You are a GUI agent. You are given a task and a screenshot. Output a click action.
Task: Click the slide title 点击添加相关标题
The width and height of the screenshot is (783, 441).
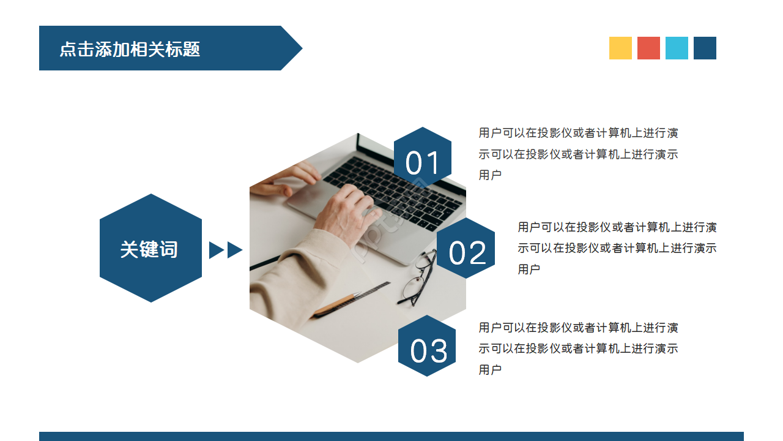pyautogui.click(x=130, y=49)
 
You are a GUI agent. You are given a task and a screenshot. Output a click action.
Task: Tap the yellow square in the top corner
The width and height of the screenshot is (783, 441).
pyautogui.click(x=620, y=48)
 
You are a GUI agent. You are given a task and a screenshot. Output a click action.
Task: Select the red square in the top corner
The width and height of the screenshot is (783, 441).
pyautogui.click(x=648, y=48)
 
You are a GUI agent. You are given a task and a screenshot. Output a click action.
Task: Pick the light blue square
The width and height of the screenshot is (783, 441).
pyautogui.click(x=677, y=48)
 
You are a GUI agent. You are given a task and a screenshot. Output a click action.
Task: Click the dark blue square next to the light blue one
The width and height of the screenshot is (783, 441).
pyautogui.click(x=705, y=48)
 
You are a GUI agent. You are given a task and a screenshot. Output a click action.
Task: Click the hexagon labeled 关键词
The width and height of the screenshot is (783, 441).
pyautogui.click(x=150, y=248)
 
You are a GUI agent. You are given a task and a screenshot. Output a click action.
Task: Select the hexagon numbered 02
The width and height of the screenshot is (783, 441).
pyautogui.click(x=466, y=249)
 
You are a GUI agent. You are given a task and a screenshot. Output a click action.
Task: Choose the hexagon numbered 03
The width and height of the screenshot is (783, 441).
pyautogui.click(x=427, y=346)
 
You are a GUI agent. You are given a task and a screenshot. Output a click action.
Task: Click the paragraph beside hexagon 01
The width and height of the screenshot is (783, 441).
pyautogui.click(x=578, y=154)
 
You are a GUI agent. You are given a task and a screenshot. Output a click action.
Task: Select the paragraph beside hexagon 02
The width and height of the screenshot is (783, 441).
pyautogui.click(x=617, y=247)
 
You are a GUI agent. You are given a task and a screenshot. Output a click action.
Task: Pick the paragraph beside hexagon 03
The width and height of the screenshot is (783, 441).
pyautogui.click(x=578, y=349)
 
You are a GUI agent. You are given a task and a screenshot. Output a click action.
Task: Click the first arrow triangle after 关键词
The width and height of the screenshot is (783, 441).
pyautogui.click(x=215, y=250)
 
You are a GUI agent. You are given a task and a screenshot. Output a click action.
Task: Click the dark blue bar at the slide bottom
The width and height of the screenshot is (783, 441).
pyautogui.click(x=391, y=436)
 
